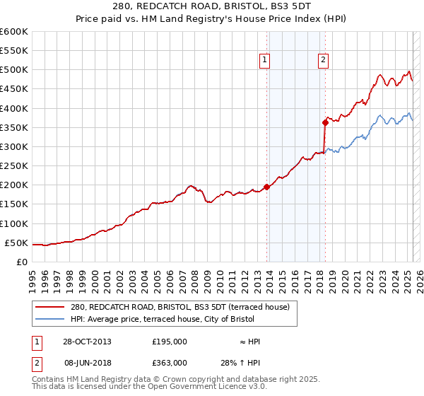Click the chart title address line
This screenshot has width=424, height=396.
(x=212, y=6)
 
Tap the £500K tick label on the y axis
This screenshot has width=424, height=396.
(x=14, y=70)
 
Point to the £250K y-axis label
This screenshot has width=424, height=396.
(x=14, y=166)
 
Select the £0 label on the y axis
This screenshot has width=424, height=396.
(x=23, y=262)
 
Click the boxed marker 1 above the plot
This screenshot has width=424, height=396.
(x=264, y=61)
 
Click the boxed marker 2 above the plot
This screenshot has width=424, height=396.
(x=323, y=61)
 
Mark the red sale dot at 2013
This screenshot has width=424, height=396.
(x=267, y=187)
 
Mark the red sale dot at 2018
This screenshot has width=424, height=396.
(x=325, y=122)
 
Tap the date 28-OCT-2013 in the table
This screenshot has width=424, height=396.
(x=88, y=342)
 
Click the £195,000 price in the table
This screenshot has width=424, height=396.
(x=170, y=342)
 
